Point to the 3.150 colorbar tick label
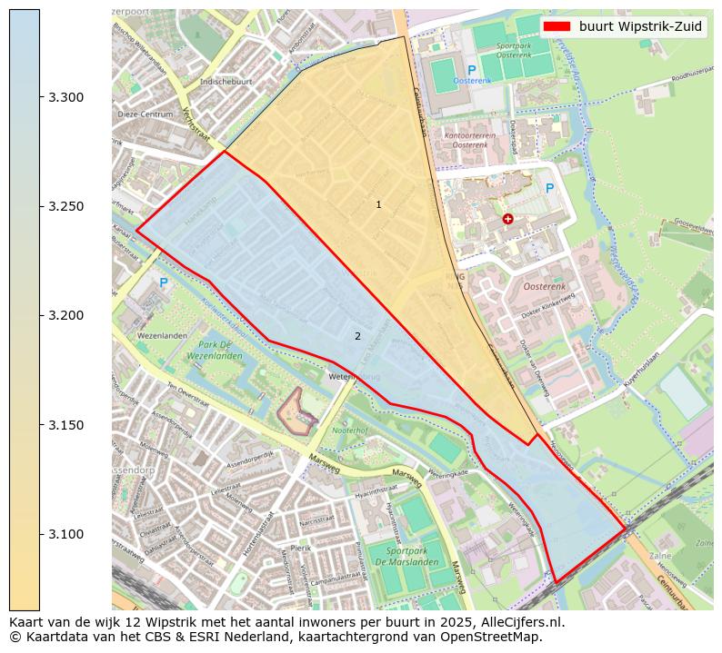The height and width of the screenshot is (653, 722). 65,425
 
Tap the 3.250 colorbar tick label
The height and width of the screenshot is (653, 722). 65,206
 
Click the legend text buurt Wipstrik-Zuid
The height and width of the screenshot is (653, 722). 640,26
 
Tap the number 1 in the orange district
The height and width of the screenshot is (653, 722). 378,204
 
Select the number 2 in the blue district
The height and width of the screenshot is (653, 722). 357,336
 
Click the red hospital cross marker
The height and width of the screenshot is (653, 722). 507,219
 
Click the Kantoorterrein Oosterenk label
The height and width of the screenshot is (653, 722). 469,140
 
